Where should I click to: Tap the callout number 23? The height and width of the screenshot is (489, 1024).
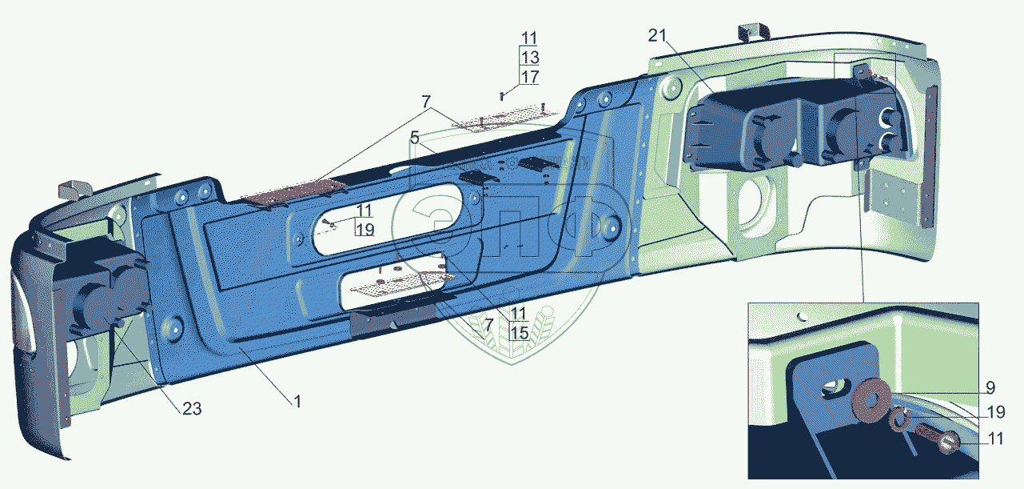pos(191,408)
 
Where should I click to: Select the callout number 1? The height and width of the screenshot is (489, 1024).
pos(297,401)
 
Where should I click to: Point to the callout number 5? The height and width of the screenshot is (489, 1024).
pos(415,138)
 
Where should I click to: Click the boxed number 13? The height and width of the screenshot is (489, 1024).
pos(529,57)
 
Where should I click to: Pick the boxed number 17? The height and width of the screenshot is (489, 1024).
pos(529,77)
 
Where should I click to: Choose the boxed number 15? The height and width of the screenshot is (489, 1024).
pos(519,332)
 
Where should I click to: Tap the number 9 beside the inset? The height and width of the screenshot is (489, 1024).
pos(990,388)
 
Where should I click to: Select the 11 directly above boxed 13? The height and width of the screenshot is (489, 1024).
pos(529,38)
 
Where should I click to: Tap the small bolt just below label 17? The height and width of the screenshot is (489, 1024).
pos(501,94)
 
